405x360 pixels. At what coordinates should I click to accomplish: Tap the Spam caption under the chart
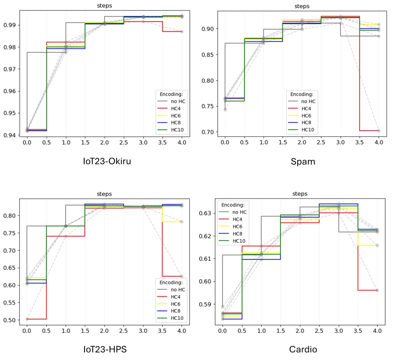click(303, 161)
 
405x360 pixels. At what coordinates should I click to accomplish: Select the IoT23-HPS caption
click(105, 349)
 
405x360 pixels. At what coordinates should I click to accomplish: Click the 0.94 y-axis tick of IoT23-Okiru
click(13, 135)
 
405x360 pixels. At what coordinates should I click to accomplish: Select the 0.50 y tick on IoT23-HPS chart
click(13, 320)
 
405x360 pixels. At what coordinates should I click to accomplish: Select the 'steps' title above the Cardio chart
click(300, 194)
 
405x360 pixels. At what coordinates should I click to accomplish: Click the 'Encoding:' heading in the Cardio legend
click(233, 205)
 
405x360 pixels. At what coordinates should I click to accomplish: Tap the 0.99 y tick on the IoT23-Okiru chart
click(13, 25)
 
